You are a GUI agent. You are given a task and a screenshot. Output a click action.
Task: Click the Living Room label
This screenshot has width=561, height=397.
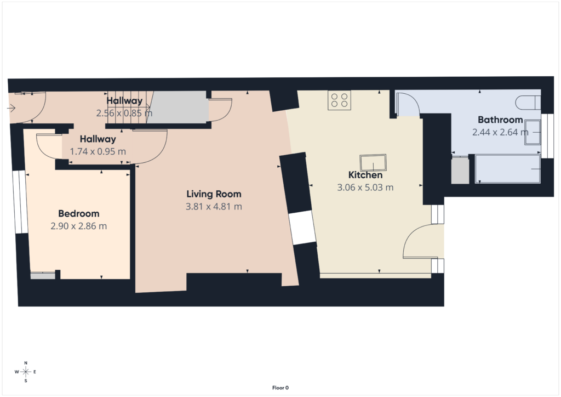coord(214,194)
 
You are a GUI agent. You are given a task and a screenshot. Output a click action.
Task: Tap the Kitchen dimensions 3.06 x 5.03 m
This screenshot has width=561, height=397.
coord(365,187)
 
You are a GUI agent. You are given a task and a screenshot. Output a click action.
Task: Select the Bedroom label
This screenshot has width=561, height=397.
coord(79,213)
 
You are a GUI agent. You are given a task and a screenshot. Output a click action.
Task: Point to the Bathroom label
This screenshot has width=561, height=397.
coord(500,120)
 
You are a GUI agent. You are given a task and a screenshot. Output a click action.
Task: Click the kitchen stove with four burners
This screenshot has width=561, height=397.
coord(340,100)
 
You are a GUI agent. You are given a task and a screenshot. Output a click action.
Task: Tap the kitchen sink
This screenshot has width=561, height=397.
coord(373,162)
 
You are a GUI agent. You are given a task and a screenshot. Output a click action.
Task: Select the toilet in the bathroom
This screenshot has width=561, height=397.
coord(528,103)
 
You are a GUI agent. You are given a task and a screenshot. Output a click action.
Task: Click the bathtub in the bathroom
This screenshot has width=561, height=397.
coord(508,169)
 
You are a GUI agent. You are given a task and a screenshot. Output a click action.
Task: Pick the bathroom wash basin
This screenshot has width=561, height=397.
coord(533,133)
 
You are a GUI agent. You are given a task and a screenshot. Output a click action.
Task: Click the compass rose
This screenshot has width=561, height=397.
coord(26,372)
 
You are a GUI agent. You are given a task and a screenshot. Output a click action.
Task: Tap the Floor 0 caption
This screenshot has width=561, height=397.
coord(280,388)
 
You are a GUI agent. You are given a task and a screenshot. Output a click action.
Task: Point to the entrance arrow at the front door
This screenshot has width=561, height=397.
coord(12,108)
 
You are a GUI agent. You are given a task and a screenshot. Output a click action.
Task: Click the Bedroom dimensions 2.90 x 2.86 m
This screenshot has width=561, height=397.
coord(79,226)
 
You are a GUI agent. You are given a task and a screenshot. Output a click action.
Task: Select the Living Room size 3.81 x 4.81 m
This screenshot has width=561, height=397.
coord(214,207)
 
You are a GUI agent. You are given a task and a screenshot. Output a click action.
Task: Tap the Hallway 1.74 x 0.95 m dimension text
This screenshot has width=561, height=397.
coord(98,151)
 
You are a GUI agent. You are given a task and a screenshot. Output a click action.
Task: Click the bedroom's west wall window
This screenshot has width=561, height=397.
coord(20,202)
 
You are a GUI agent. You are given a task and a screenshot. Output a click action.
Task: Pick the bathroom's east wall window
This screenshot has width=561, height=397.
coord(547,136)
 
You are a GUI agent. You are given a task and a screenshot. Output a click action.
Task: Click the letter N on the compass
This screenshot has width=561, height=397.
coord(26,363)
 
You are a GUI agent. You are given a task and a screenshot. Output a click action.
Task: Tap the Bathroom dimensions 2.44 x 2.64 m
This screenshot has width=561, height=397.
coord(500,132)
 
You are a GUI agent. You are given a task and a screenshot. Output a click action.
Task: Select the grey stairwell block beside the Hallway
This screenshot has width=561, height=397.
coord(177,107)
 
